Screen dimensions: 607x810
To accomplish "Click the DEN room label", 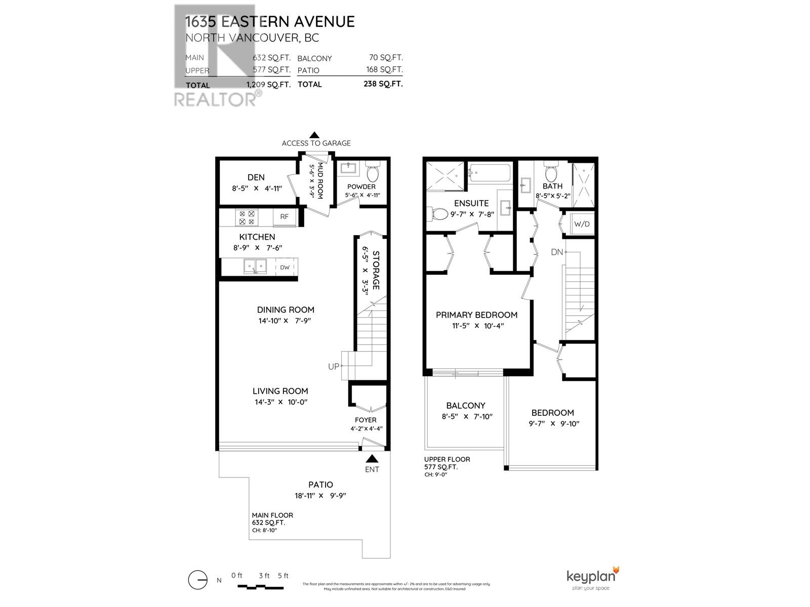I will tap(256, 177).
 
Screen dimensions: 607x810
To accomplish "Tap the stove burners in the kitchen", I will tap(247, 218).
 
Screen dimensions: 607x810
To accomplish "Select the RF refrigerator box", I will tap(284, 216).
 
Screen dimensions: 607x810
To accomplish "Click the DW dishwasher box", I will tap(285, 267).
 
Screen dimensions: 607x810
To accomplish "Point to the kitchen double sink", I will tap(255, 266).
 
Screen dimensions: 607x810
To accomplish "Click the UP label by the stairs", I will tap(333, 367).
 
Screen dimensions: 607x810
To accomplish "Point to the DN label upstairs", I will tap(556, 252).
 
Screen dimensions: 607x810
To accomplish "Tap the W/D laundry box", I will tap(582, 224).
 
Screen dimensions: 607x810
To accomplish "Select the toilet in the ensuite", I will tap(436, 214).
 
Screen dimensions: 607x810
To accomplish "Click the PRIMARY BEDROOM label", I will tap(476, 315).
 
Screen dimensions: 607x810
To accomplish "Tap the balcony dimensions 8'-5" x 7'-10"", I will tap(466, 417).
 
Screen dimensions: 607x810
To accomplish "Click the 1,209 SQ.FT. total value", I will tap(268, 84).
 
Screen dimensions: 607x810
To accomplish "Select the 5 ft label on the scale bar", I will tap(283, 576).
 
